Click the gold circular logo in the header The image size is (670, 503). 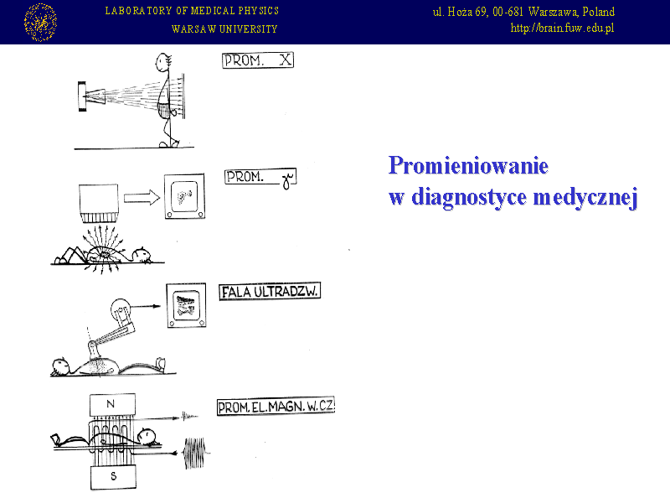(x=40, y=23)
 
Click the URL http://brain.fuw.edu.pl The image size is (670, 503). (x=562, y=29)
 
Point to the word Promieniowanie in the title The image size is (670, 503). (x=468, y=165)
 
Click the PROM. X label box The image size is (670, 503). (x=258, y=60)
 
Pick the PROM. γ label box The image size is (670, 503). (x=260, y=178)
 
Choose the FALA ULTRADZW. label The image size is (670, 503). (x=270, y=292)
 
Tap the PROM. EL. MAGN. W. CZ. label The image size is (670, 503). (x=276, y=406)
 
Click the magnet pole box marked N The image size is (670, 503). (x=112, y=404)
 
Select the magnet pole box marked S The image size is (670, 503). (x=113, y=477)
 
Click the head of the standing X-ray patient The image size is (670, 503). (x=163, y=62)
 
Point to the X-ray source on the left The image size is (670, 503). (x=91, y=96)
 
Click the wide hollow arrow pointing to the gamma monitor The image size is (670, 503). (x=142, y=198)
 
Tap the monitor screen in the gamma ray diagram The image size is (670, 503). (x=184, y=196)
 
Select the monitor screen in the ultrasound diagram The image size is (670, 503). (x=186, y=305)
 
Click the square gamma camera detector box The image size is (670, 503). (x=99, y=203)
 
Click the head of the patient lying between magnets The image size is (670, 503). (x=147, y=435)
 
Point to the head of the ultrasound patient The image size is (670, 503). (x=60, y=366)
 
